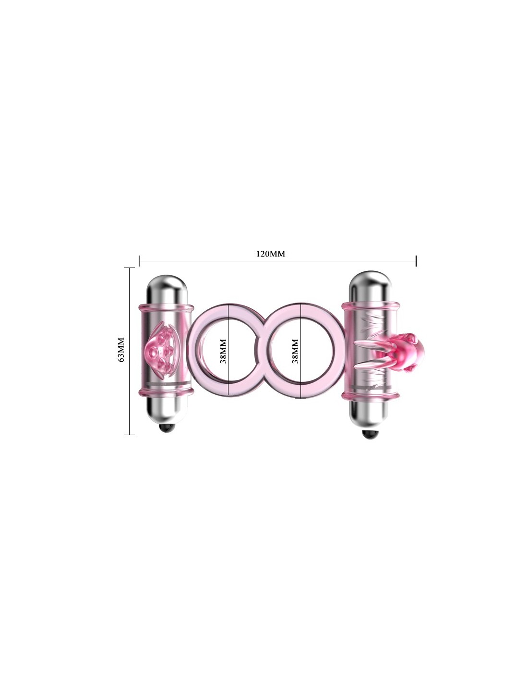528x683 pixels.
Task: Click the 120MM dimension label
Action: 270,254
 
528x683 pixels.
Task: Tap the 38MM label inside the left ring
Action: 223,351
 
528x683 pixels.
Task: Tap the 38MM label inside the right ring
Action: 295,351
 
